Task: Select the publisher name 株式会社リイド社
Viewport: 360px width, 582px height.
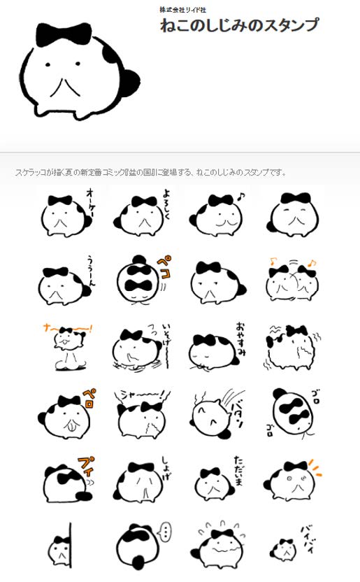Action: tap(183, 9)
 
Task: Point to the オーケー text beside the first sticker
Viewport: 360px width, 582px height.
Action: tap(91, 200)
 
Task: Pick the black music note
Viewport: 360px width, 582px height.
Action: tap(242, 197)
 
